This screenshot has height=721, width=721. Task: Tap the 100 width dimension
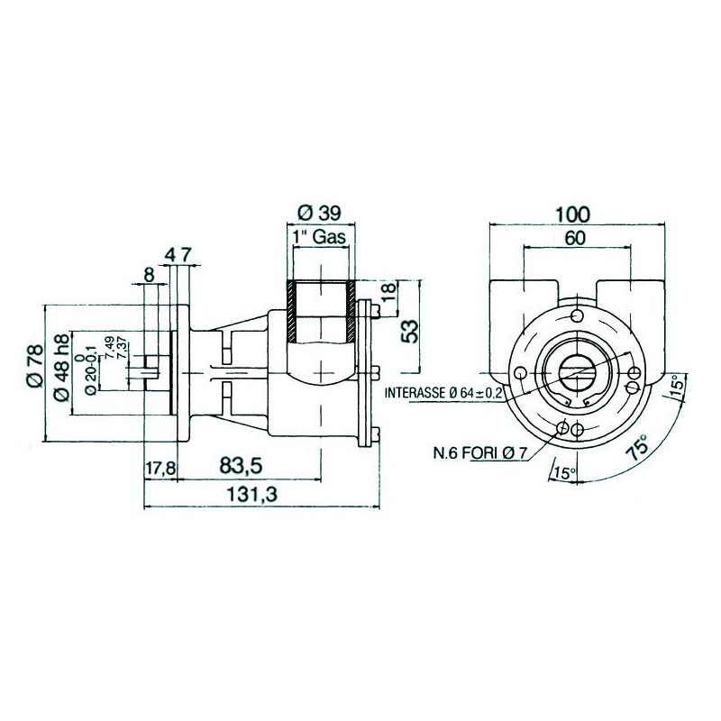(x=572, y=214)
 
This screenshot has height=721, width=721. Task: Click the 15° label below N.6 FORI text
(x=566, y=473)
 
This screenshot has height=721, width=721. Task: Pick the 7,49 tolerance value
(x=110, y=348)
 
